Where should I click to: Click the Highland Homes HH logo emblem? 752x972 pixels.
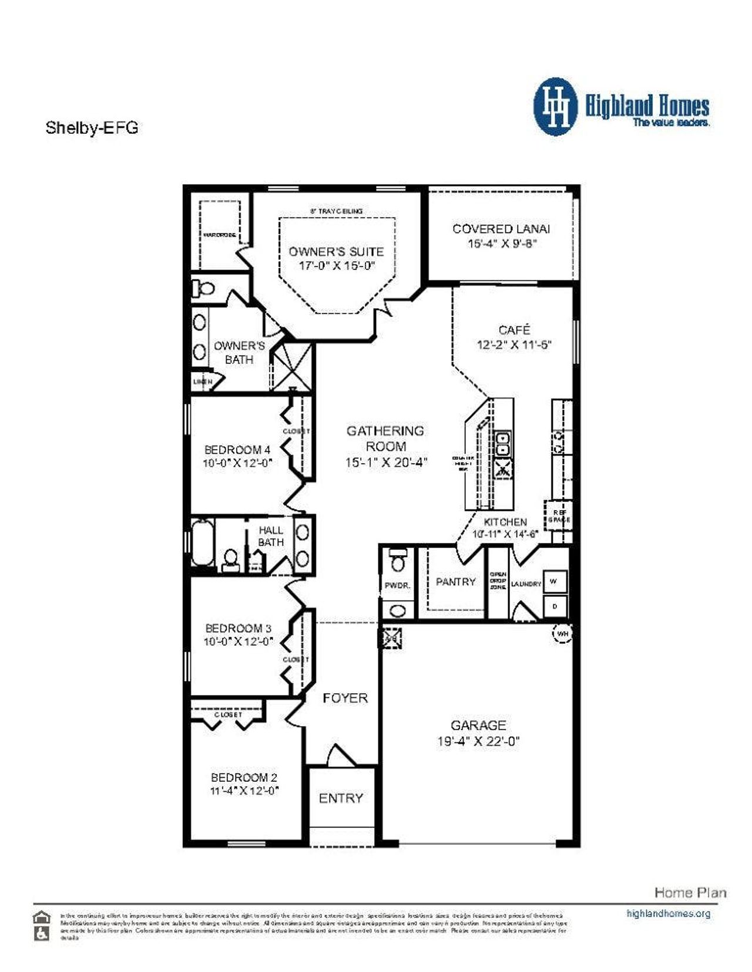555,107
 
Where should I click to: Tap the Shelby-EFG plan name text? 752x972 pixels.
92,128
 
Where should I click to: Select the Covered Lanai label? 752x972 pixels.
501,229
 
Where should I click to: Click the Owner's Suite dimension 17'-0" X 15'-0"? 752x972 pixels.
337,266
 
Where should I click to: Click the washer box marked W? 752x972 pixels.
554,582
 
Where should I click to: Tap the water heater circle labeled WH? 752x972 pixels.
562,634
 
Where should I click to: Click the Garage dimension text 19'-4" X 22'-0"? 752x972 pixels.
478,741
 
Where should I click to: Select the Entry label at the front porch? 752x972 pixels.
341,798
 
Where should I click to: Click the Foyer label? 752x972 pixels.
345,698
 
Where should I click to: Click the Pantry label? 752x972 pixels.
455,582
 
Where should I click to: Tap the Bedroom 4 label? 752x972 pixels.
237,450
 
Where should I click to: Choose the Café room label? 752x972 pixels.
514,330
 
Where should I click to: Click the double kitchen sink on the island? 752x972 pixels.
503,444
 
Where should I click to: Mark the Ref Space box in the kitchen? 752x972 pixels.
558,515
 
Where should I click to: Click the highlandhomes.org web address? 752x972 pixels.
668,914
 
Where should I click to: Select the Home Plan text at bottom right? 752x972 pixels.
690,893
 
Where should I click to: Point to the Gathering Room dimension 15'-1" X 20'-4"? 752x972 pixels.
386,463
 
